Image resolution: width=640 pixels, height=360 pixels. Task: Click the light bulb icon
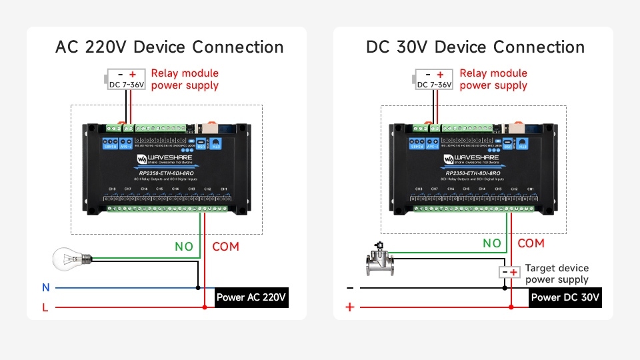point(68,258)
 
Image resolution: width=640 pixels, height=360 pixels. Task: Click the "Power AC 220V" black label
point(251,297)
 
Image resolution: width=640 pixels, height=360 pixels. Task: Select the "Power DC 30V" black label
point(565,297)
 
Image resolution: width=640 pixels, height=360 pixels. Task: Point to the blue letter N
point(46,288)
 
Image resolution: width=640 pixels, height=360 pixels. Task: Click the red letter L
point(45,307)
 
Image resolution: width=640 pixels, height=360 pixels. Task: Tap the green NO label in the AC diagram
point(184,247)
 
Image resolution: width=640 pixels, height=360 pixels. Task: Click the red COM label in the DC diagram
point(531,243)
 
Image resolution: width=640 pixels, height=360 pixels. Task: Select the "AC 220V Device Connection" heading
point(169,47)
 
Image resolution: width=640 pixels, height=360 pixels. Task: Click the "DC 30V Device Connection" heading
point(475,47)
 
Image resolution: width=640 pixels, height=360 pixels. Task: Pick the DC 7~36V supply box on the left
point(127,80)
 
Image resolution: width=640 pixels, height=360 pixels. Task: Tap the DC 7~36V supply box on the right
point(435,80)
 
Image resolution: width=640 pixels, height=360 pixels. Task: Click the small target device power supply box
point(509,272)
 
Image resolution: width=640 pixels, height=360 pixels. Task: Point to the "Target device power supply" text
point(557,274)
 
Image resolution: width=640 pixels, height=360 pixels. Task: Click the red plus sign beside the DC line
point(349,307)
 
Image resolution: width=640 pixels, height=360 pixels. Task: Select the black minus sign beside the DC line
point(349,288)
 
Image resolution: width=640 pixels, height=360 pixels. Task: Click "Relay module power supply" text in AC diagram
point(185,79)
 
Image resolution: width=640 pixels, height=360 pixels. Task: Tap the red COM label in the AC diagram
point(225,247)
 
